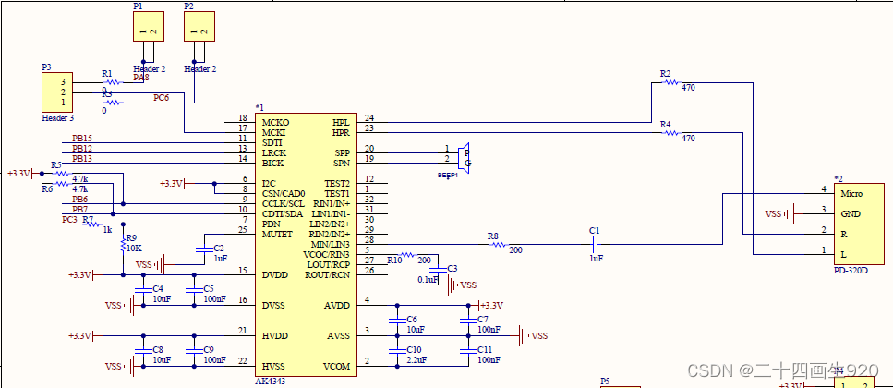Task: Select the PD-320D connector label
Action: click(851, 271)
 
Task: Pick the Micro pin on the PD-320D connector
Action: click(851, 194)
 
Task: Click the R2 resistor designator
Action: click(666, 73)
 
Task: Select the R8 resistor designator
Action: click(493, 236)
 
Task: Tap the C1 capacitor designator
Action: click(594, 230)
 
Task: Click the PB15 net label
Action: click(82, 139)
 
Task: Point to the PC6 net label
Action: click(162, 97)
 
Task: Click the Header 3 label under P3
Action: click(57, 118)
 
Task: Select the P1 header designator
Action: click(139, 6)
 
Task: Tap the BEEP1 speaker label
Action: click(449, 174)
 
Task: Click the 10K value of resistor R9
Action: click(134, 249)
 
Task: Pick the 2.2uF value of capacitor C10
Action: click(416, 360)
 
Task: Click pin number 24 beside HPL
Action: click(369, 118)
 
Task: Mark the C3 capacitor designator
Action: click(452, 269)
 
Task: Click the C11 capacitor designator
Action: click(485, 350)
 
